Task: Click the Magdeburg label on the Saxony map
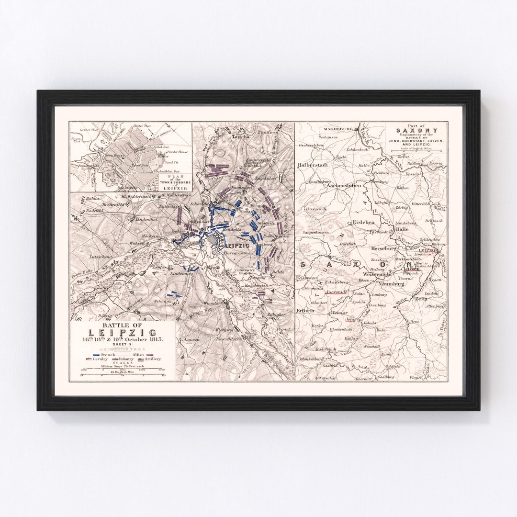(x=337, y=129)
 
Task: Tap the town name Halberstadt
(x=313, y=165)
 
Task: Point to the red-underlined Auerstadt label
(x=336, y=291)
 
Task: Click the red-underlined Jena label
(x=351, y=319)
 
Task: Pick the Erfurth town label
(x=305, y=310)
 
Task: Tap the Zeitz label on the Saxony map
(x=421, y=298)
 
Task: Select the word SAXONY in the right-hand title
(x=416, y=130)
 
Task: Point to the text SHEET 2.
(x=122, y=344)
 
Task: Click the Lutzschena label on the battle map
(x=99, y=257)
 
